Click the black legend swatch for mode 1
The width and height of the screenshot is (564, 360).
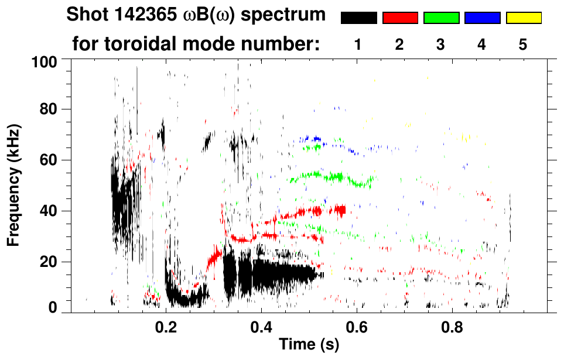pos(358,18)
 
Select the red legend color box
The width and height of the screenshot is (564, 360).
pos(400,18)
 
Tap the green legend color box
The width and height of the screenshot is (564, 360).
pos(441,18)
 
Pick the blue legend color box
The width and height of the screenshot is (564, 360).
pos(482,18)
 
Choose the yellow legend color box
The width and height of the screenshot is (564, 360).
pos(524,18)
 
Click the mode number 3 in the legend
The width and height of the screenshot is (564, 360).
pos(440,44)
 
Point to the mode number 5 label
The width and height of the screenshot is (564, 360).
pos(523,44)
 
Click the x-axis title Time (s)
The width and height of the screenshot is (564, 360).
pos(309,345)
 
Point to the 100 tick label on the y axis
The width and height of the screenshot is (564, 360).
pos(45,61)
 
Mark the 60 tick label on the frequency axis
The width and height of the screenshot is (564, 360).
pos(49,160)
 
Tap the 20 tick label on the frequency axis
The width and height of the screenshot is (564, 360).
pos(49,262)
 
